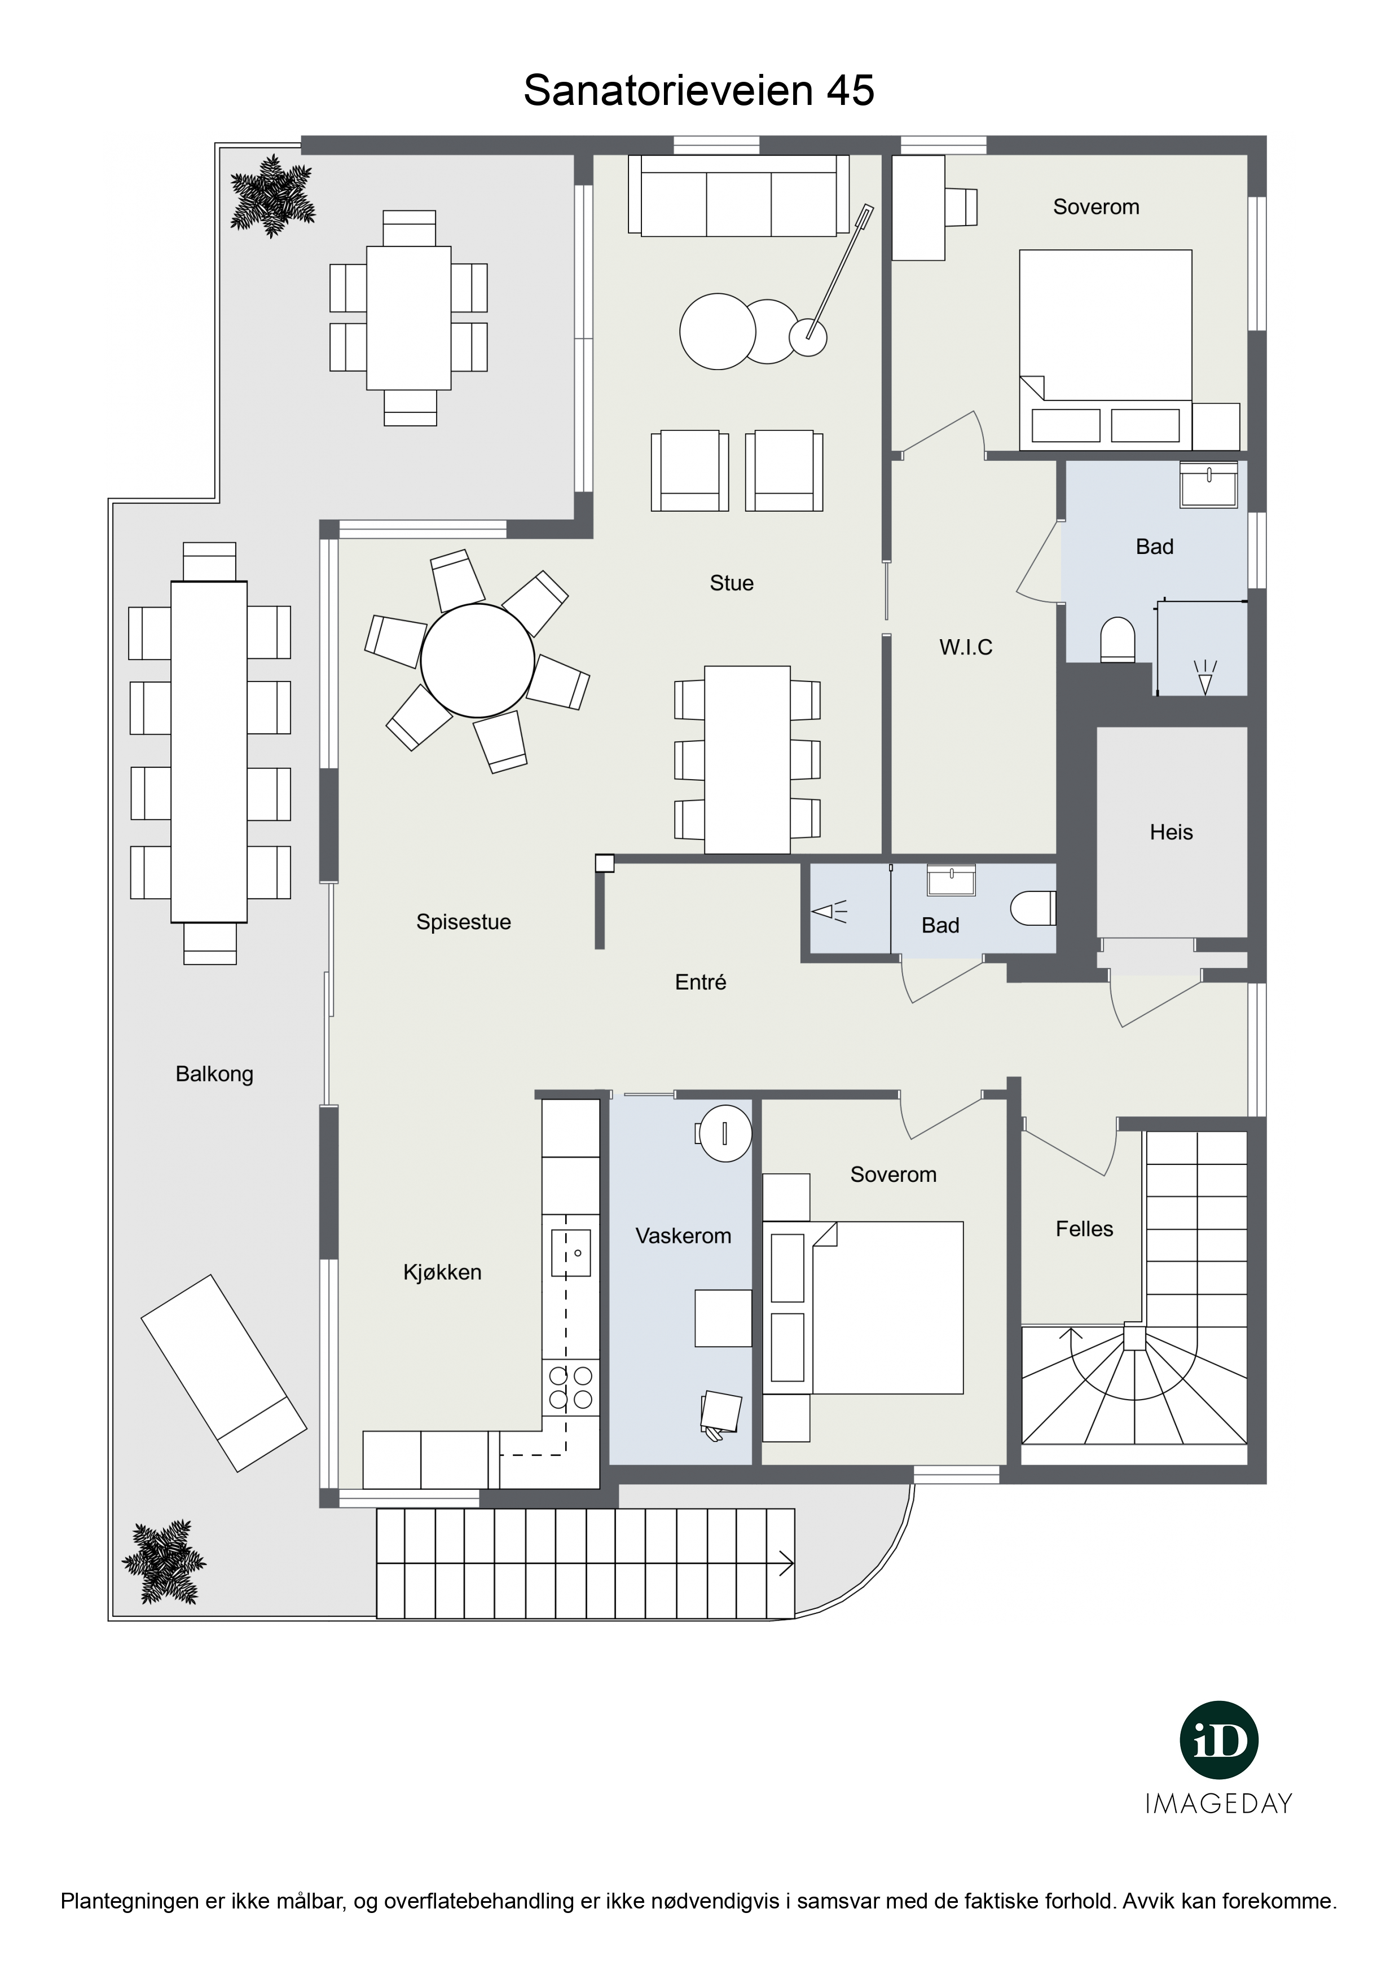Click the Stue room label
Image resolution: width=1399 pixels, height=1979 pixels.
tap(731, 583)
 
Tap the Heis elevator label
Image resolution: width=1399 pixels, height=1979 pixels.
tap(1172, 833)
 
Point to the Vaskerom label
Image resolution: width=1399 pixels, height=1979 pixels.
tap(684, 1236)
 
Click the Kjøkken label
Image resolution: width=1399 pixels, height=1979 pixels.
tap(442, 1272)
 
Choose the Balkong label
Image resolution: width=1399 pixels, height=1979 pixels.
tap(214, 1074)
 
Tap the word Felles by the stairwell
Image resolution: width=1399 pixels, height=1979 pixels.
tap(1084, 1229)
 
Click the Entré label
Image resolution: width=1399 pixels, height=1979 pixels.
tap(701, 982)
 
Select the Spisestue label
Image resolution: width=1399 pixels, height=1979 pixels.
tap(464, 922)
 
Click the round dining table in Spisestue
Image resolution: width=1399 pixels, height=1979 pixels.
tap(478, 660)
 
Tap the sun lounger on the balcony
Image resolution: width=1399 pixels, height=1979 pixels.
tap(224, 1373)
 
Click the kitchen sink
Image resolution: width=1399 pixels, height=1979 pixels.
tap(571, 1252)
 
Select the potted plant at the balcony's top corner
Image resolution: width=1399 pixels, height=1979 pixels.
tap(271, 196)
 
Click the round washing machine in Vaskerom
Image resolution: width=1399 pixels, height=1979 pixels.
tap(724, 1133)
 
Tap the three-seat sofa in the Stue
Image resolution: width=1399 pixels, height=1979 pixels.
tap(739, 195)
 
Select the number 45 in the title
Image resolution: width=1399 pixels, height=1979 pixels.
tap(851, 90)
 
